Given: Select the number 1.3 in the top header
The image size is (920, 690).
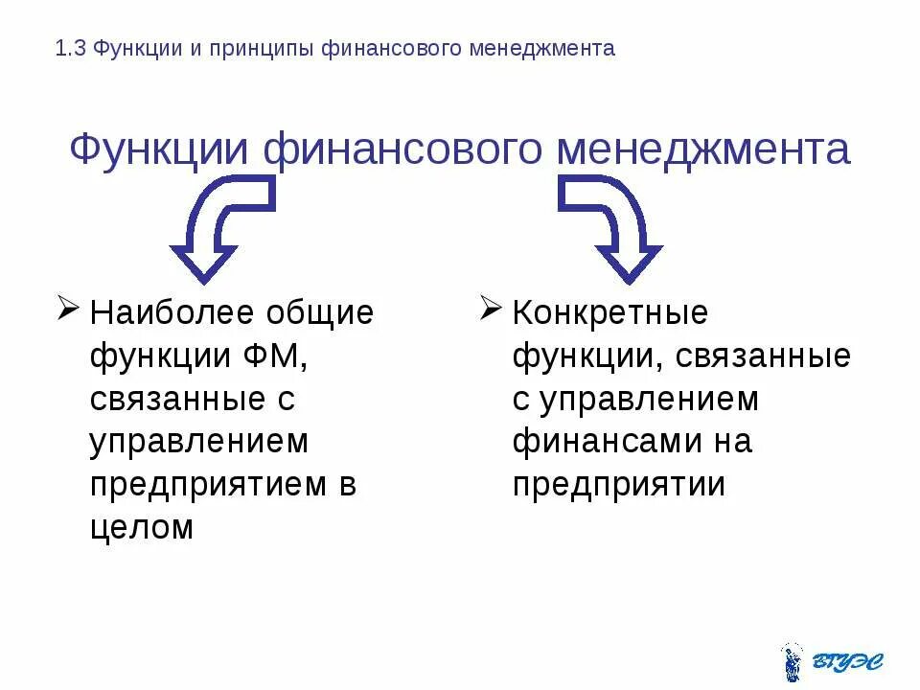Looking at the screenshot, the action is pos(71,49).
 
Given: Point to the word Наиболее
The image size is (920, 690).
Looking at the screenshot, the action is pos(173,312).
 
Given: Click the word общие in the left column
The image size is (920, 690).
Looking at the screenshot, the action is pos(320,312).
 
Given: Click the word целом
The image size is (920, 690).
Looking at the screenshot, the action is pos(143,527).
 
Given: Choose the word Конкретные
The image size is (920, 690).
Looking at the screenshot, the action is pos(610,312).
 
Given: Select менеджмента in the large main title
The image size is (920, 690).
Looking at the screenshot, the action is pos(704,151).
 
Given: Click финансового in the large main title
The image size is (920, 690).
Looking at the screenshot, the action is pos(407,151).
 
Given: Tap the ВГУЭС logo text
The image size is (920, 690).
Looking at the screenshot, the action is pos(847,660).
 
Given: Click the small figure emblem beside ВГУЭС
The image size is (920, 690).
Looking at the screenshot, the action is pos(792,660).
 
